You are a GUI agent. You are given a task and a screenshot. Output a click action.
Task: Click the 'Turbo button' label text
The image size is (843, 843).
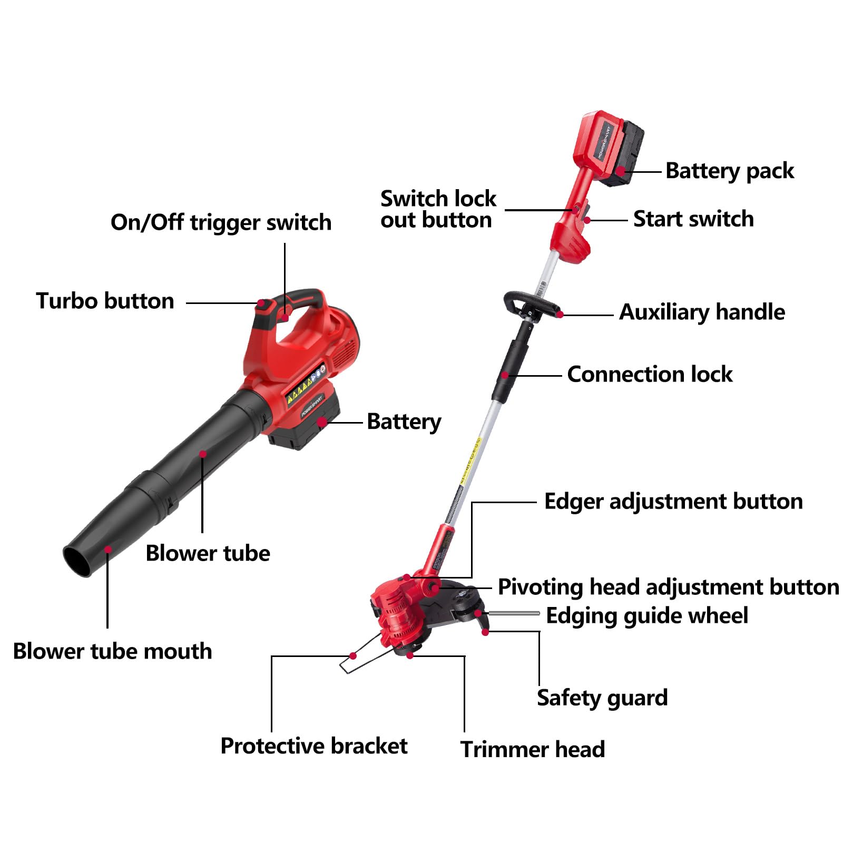click(105, 301)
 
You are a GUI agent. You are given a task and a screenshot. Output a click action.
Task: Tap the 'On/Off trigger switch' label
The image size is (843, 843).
click(221, 223)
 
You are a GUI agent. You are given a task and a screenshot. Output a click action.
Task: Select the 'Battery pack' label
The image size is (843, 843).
click(729, 171)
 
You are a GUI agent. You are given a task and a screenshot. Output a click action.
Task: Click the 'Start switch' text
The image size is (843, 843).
click(693, 219)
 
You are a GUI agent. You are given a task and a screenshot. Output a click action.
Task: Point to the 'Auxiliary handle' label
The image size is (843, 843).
click(701, 312)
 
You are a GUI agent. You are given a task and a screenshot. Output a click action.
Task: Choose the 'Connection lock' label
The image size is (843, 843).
click(649, 375)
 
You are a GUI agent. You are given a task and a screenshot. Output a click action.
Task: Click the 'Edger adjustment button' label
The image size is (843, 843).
click(673, 502)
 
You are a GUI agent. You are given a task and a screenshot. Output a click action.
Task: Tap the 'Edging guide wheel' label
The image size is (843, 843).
click(646, 616)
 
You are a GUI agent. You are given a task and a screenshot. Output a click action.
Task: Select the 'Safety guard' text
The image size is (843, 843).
click(602, 698)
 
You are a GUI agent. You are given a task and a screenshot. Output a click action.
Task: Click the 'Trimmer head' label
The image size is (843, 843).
click(532, 749)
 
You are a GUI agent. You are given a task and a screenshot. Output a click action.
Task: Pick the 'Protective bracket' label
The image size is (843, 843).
click(313, 746)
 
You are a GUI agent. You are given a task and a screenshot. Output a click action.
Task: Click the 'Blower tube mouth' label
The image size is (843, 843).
click(112, 652)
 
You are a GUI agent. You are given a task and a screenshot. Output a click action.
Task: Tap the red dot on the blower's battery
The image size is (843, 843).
click(321, 422)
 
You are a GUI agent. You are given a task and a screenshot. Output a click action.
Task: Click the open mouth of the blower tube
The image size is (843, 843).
click(77, 561)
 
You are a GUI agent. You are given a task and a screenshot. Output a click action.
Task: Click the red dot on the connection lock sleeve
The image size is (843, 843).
click(505, 375)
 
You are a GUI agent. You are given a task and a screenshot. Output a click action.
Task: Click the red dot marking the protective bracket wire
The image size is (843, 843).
click(353, 656)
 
